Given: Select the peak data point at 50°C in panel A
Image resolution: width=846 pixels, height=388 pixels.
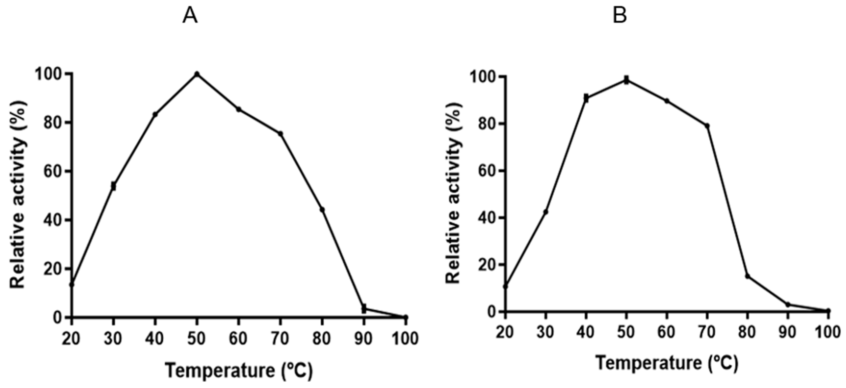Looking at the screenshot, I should point(197,74).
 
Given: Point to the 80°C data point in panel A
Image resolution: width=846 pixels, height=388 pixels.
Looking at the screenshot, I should point(322,209).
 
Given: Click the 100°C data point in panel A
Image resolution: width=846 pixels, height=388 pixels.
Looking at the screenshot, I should point(406,317).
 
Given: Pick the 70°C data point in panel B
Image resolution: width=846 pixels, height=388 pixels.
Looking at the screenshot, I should point(707,126).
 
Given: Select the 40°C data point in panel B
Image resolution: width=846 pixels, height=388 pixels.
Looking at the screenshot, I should point(586,98).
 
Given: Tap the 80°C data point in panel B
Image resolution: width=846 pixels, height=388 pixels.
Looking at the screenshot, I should point(747,276).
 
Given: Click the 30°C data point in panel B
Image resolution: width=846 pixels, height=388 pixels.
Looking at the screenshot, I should point(546,212).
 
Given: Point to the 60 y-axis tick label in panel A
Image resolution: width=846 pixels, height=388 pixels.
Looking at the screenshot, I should point(53,171).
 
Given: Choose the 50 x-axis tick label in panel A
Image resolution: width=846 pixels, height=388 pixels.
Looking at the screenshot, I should point(197,338).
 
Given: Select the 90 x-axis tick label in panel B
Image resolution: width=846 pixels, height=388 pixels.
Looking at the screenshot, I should point(788,333).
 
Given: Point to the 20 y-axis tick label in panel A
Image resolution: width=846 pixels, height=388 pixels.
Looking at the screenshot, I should point(53,269).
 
